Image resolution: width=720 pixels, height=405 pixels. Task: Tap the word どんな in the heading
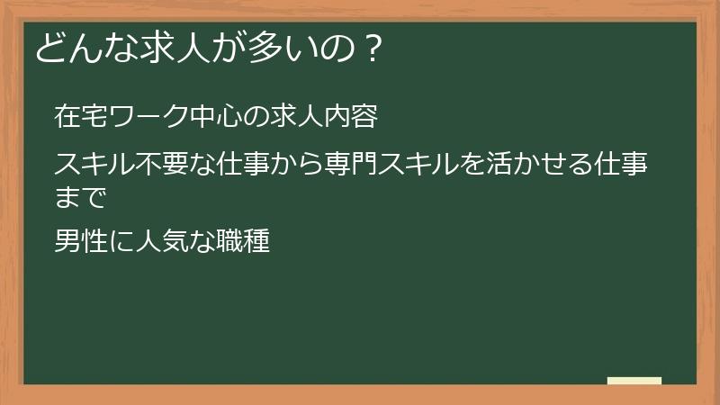(75, 48)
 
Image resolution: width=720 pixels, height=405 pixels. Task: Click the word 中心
(199, 117)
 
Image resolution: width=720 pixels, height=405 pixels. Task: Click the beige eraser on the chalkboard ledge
(634, 381)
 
